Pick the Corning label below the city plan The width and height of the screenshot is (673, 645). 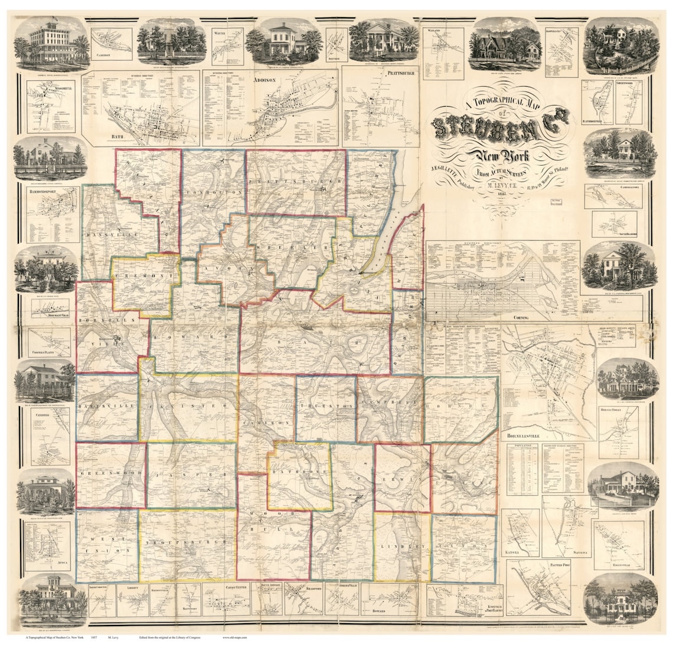pos(520,317)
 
